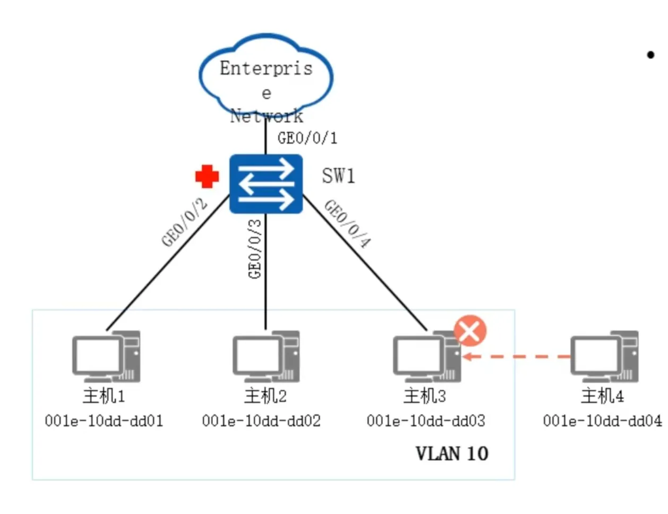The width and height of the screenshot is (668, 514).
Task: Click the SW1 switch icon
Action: (x=266, y=184)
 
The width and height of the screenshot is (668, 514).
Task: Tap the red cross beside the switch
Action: (x=207, y=176)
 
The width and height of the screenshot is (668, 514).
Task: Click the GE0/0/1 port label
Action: (x=307, y=138)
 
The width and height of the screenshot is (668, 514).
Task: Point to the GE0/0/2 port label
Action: (x=184, y=222)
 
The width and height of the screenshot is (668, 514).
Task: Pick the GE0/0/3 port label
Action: (x=255, y=249)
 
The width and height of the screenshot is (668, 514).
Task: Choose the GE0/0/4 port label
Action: (x=347, y=224)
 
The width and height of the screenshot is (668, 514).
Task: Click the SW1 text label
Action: (x=338, y=175)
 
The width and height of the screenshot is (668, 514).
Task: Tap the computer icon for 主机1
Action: (x=106, y=356)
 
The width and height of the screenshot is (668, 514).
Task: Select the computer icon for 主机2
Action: (x=266, y=356)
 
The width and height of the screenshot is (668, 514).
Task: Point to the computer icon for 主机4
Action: (x=604, y=356)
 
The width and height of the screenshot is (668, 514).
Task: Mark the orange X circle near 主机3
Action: (x=470, y=331)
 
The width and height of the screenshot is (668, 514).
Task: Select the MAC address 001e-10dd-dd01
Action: (x=104, y=421)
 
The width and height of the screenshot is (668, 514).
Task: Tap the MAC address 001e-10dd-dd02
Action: (x=261, y=421)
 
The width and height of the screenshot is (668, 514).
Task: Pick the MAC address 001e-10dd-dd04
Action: (x=602, y=421)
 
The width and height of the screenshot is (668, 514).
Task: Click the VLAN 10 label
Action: (x=451, y=453)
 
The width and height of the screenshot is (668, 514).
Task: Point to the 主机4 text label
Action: (x=602, y=396)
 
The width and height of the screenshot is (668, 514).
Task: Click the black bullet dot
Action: (x=650, y=55)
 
